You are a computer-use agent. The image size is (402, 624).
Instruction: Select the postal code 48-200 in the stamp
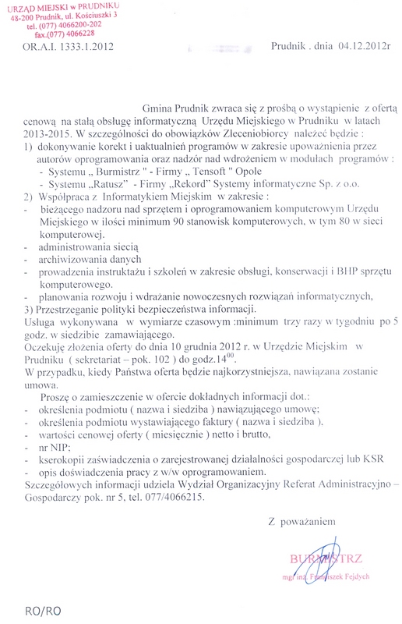coord(21,16)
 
